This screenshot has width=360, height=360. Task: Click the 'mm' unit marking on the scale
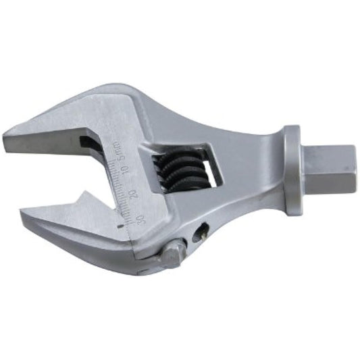118,145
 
